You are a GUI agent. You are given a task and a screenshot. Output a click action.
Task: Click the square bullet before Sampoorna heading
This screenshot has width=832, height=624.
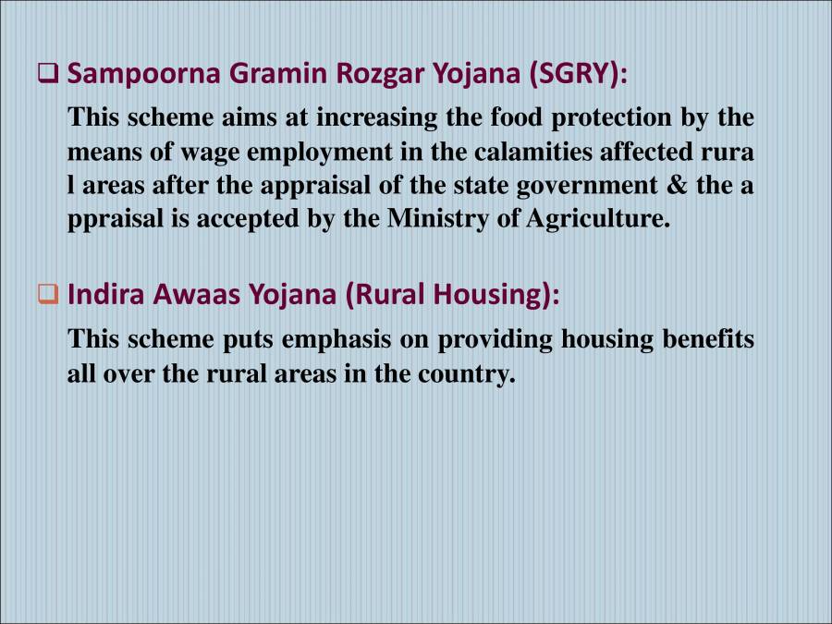(x=48, y=74)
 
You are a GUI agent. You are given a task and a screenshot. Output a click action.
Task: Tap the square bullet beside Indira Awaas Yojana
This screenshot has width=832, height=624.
(x=48, y=296)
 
